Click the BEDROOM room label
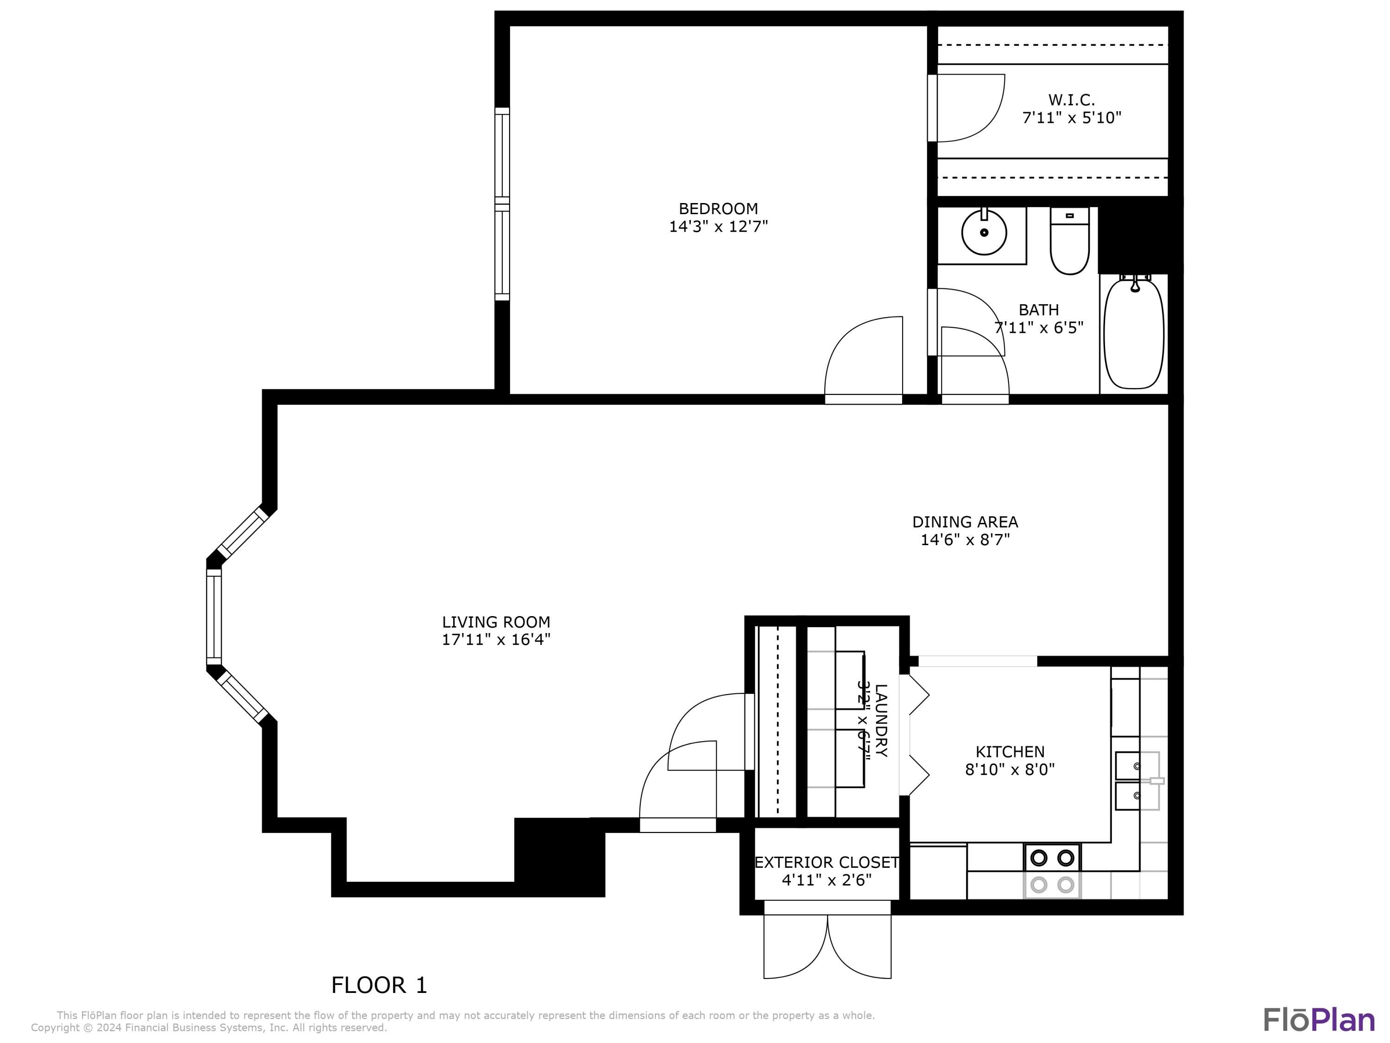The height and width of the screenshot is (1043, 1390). pos(718,208)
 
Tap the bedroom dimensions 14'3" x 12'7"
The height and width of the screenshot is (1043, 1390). pos(718,226)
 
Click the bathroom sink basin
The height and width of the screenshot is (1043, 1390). pos(984,232)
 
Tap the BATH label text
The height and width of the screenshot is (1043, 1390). pos(1038,310)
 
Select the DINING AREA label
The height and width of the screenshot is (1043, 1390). pos(965,522)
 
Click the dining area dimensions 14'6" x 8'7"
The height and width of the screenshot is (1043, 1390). pos(965,540)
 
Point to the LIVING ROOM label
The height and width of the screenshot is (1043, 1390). pos(496,622)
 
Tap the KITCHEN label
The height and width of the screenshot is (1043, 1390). pos(1009,751)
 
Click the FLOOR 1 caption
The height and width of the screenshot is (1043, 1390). pos(379,985)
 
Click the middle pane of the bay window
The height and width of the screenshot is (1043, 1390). pos(214,616)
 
